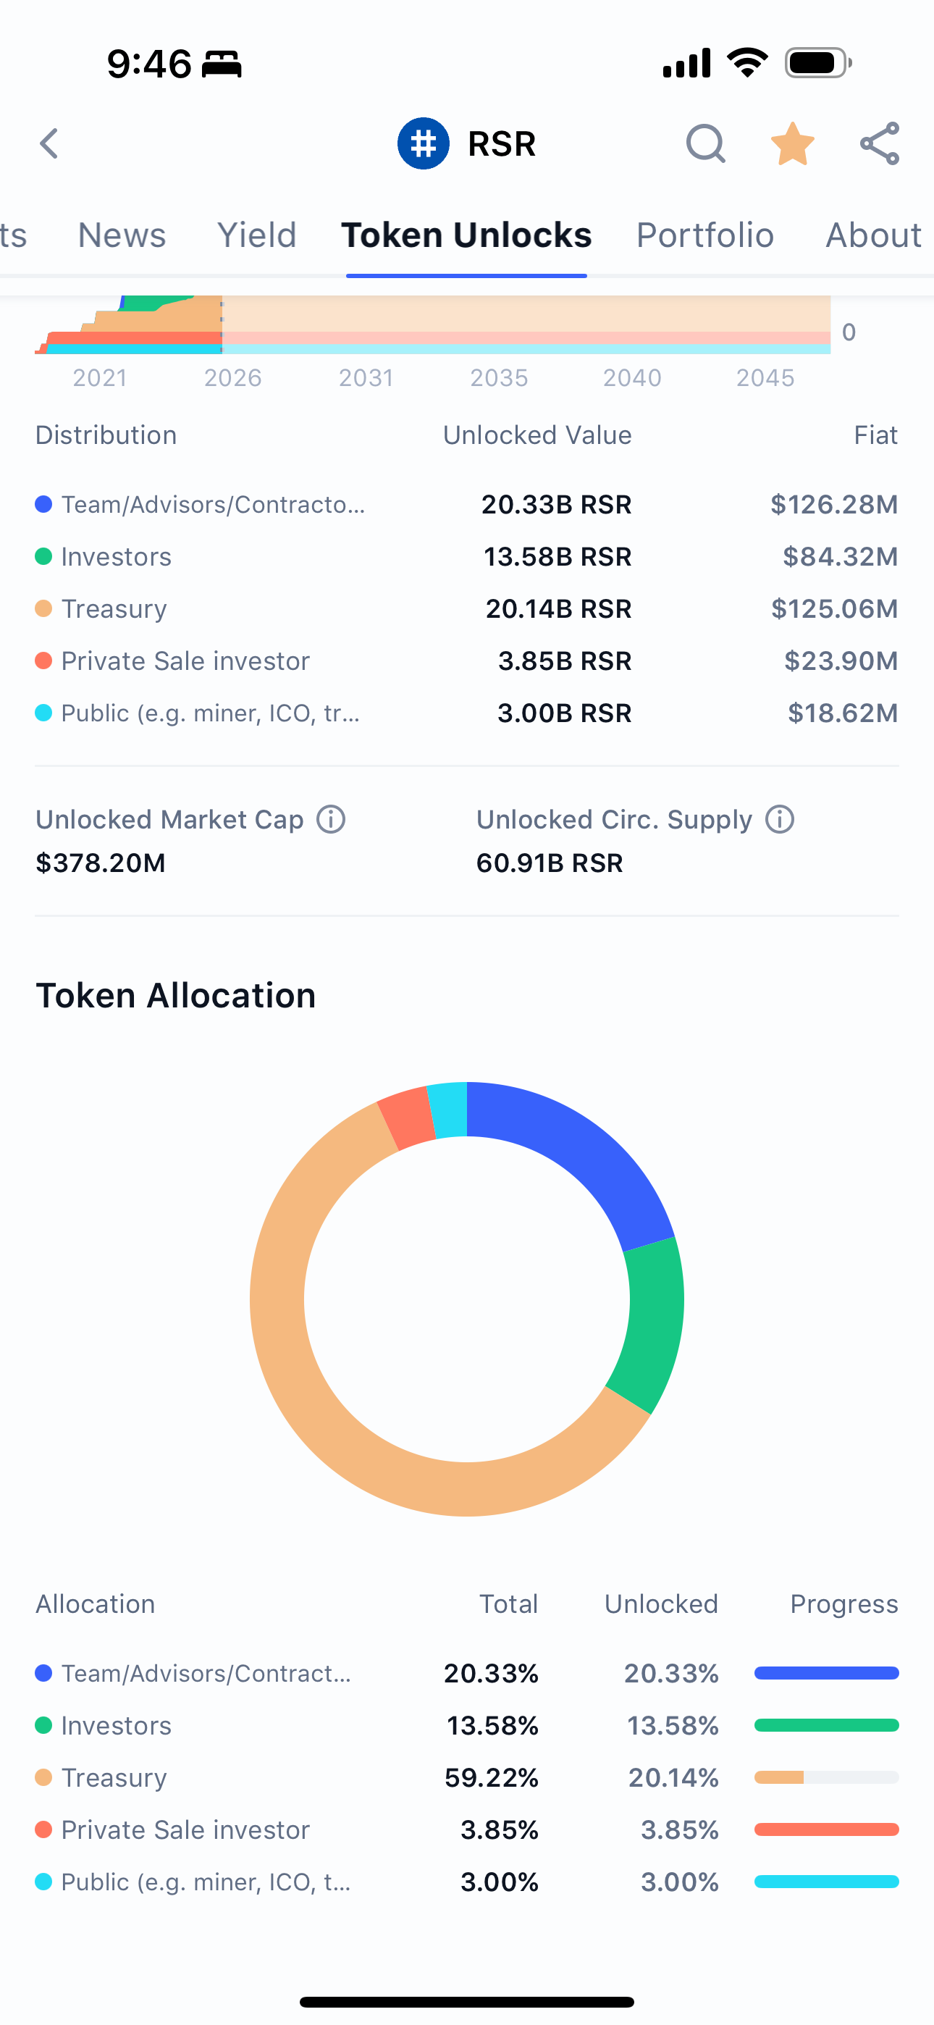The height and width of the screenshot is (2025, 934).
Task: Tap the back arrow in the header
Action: [49, 144]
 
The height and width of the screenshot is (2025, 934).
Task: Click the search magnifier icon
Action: [705, 144]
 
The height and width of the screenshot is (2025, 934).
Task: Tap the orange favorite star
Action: [793, 144]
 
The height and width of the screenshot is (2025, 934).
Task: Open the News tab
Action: [122, 235]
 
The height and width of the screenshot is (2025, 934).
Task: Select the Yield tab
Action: [256, 235]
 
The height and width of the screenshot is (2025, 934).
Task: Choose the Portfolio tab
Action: [704, 235]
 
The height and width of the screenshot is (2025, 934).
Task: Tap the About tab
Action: [872, 235]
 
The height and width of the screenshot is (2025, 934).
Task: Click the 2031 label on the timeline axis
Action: [366, 378]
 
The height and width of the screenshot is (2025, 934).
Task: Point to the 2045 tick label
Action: [765, 378]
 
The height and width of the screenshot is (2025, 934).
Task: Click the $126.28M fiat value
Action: [833, 505]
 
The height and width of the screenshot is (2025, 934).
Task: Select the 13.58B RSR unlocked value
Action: [557, 556]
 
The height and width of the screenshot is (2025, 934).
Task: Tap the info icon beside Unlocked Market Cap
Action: [331, 819]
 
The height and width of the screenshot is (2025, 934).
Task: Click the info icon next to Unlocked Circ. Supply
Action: [780, 819]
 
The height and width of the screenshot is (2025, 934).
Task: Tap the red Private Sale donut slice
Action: [405, 1118]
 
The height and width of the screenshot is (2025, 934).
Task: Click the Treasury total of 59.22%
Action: [492, 1777]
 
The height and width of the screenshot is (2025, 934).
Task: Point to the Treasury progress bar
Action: [825, 1777]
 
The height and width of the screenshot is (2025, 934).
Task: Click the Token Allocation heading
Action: [176, 995]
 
